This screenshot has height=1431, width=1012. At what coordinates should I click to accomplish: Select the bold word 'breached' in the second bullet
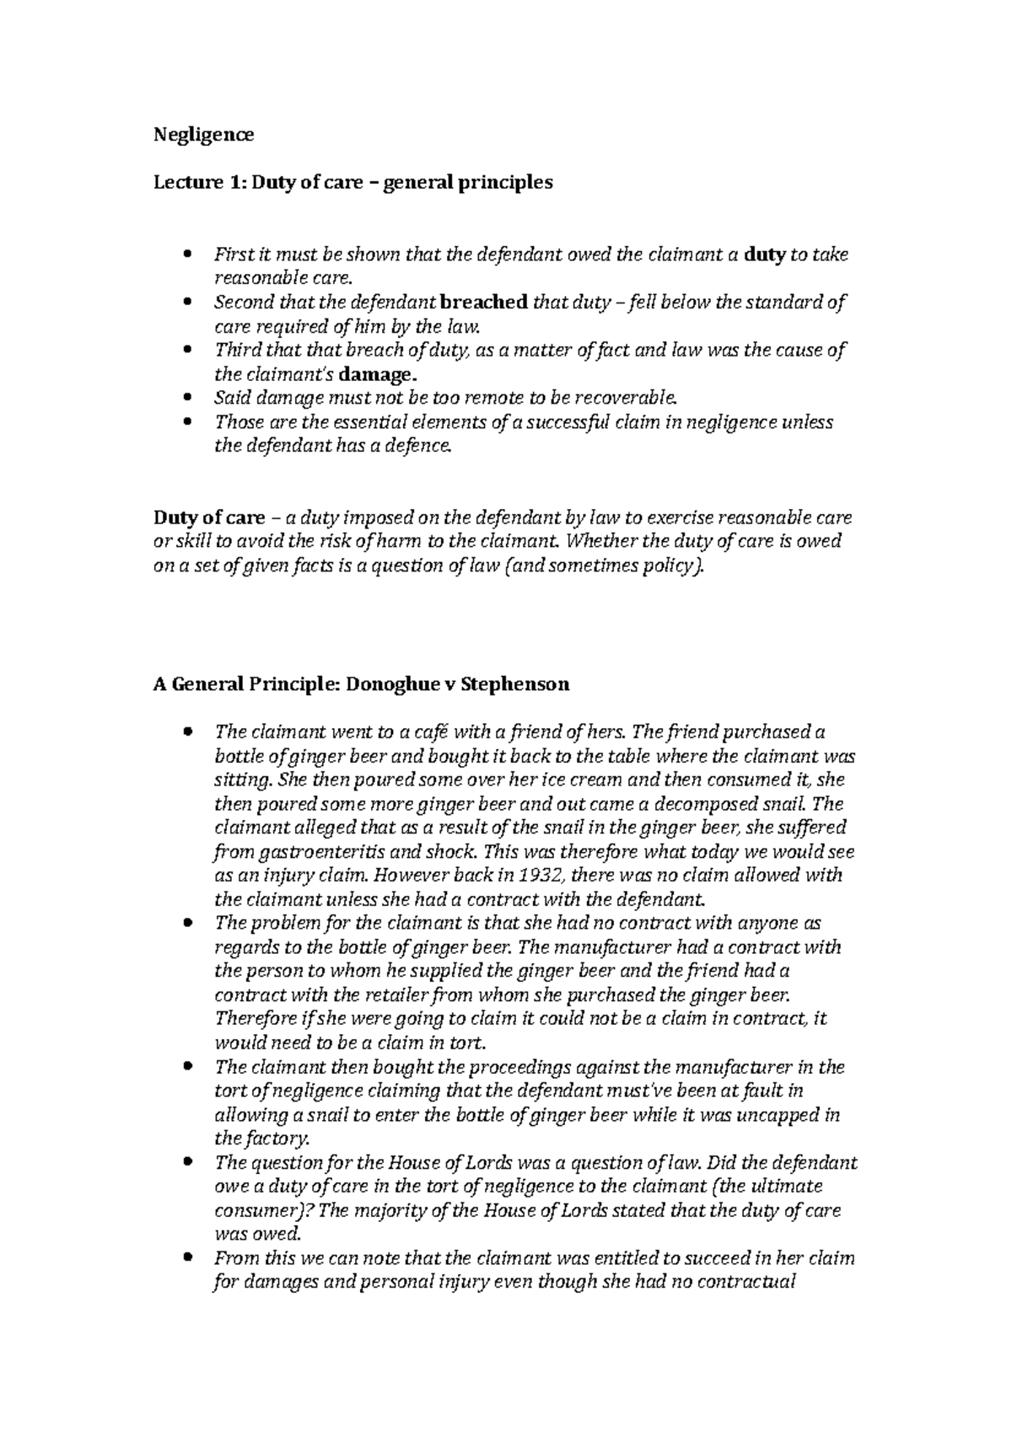[485, 303]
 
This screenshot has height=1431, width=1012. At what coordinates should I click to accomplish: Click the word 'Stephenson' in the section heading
[516, 684]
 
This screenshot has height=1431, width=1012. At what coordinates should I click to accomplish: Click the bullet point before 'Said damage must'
[188, 399]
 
